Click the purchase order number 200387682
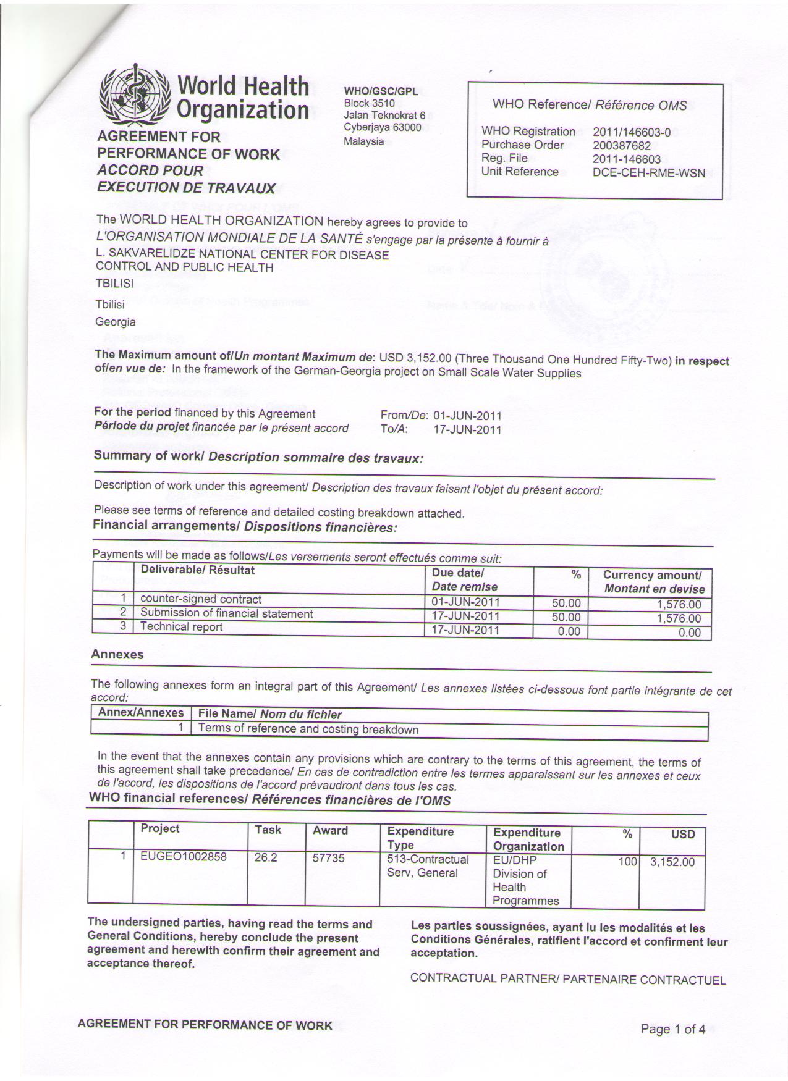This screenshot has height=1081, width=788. coord(621,146)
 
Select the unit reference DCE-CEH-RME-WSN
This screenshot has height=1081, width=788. coord(648,173)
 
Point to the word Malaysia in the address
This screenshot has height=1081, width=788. coord(363,141)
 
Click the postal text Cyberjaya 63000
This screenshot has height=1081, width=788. coord(382,128)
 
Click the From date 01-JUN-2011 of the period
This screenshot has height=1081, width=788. coord(467,415)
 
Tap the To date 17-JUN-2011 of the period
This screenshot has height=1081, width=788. coord(467,430)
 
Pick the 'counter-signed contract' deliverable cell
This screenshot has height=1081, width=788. coord(201,599)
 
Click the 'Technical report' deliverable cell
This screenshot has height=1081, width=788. coord(182,627)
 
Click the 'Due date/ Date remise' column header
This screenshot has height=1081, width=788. coord(464,580)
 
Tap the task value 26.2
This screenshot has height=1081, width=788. coord(266,857)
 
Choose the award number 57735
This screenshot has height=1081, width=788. coord(328,858)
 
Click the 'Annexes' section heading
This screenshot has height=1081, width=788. coord(117,655)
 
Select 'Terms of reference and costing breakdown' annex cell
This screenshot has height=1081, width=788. coord(308,730)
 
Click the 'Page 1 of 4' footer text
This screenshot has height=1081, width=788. coord(672,1029)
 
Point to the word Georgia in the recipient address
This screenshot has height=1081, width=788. coord(115,322)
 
